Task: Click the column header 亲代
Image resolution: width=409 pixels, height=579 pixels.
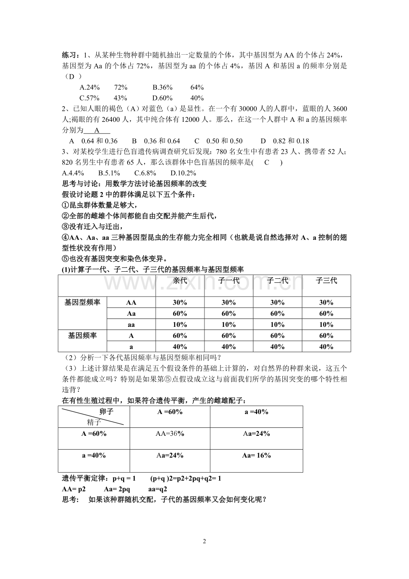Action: tap(180, 281)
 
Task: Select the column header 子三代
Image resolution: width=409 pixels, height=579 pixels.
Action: tap(326, 281)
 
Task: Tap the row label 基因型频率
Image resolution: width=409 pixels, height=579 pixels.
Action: tap(82, 302)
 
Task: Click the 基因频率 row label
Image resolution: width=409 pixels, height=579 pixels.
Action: tap(82, 335)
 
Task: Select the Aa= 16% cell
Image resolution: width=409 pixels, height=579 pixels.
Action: tap(257, 455)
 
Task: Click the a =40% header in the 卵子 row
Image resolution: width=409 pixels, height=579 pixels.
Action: tap(257, 412)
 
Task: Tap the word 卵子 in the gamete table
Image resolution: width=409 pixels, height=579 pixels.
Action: tap(106, 411)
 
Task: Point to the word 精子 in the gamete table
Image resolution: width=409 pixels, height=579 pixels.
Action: tap(94, 422)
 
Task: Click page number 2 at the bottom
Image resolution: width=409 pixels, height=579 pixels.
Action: tap(204, 541)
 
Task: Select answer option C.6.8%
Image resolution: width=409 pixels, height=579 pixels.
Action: tap(147, 173)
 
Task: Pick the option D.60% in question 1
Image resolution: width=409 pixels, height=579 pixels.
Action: tap(162, 98)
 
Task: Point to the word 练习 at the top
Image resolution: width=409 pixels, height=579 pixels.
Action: tap(70, 55)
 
